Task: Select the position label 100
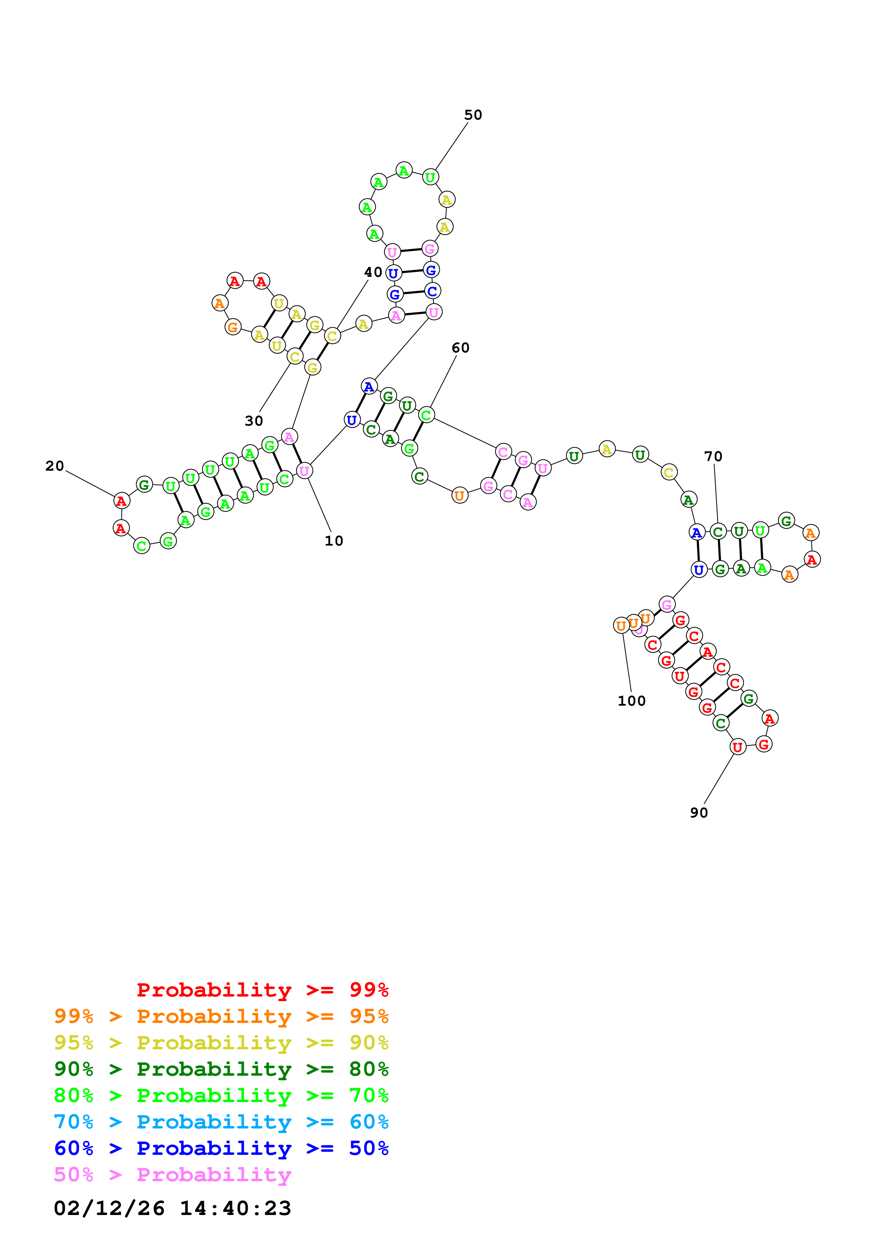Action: click(x=631, y=701)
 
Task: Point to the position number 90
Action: click(x=699, y=813)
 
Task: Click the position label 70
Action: click(x=713, y=456)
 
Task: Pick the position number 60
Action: click(x=460, y=348)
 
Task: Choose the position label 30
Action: click(x=254, y=421)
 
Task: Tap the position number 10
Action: click(x=334, y=541)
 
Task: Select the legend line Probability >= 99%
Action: click(x=262, y=990)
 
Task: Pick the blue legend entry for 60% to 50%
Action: click(x=221, y=1148)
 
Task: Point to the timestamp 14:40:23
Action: click(x=235, y=1208)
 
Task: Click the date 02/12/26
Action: click(x=109, y=1208)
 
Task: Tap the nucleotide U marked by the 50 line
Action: click(x=430, y=177)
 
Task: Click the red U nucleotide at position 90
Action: click(x=737, y=746)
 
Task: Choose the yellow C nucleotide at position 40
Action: click(x=332, y=336)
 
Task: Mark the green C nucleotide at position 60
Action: click(x=426, y=415)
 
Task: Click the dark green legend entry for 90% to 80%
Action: click(x=221, y=1069)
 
